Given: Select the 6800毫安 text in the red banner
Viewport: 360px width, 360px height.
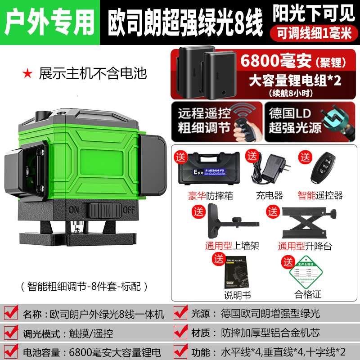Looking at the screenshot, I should (x=265, y=60).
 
